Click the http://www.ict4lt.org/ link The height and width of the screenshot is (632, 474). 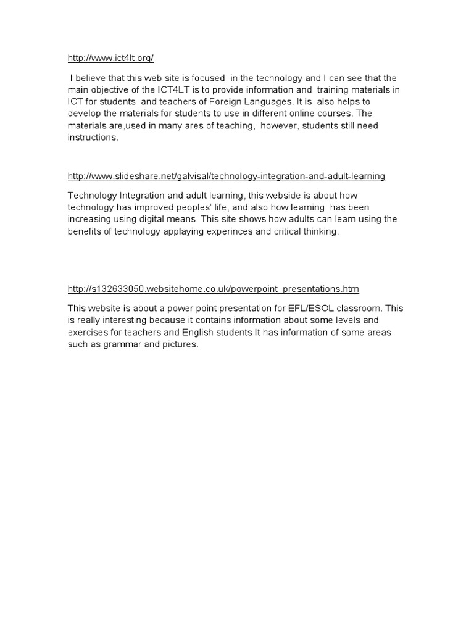pyautogui.click(x=110, y=59)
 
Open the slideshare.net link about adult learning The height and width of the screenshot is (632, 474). pyautogui.click(x=227, y=177)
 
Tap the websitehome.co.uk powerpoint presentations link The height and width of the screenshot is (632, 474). pyautogui.click(x=213, y=289)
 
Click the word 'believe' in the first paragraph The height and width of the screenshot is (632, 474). pyautogui.click(x=90, y=78)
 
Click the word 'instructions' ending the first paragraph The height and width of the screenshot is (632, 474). pyautogui.click(x=92, y=138)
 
